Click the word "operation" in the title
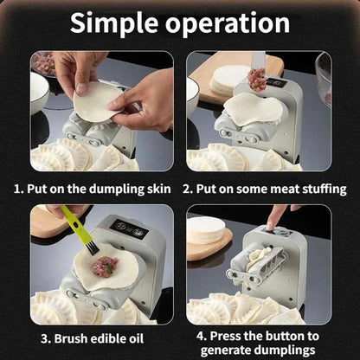(227, 22)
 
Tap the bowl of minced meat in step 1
(43, 62)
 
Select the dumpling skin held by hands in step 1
(98, 103)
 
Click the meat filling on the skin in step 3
(106, 265)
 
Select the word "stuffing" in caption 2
(318, 188)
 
